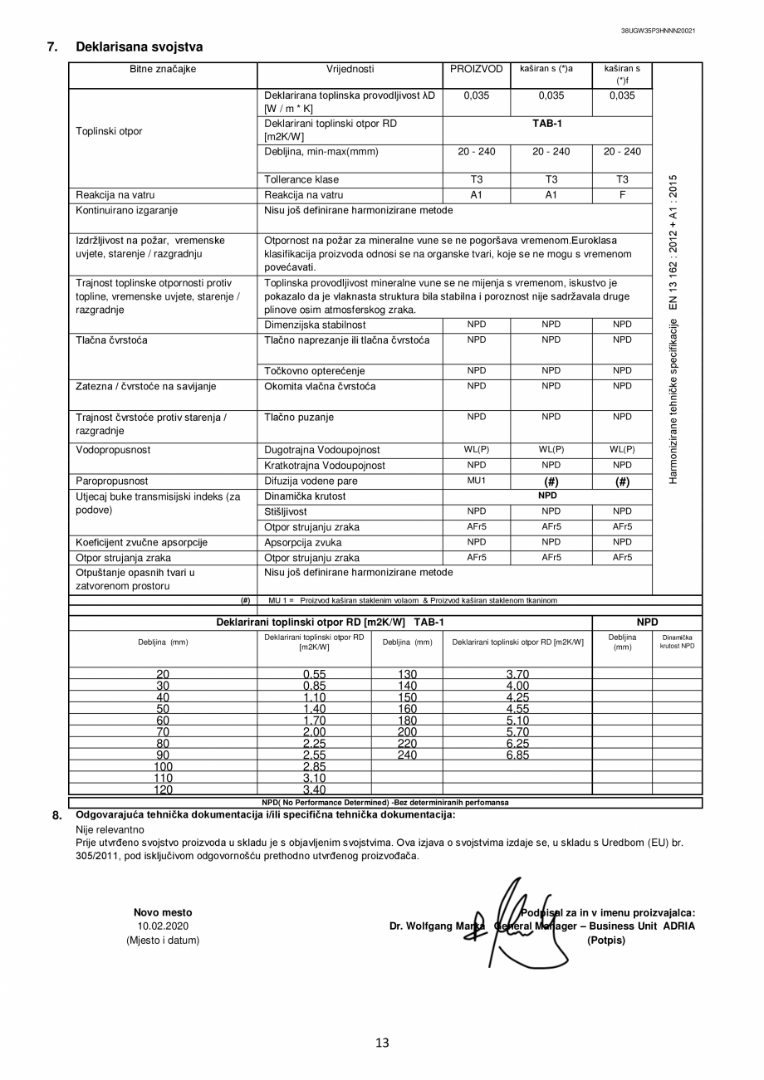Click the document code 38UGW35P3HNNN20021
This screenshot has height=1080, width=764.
(x=658, y=31)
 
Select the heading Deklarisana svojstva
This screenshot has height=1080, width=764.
(x=139, y=47)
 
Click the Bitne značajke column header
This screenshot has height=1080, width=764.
(x=163, y=69)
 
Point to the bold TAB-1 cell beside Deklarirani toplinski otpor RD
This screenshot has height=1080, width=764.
(x=547, y=124)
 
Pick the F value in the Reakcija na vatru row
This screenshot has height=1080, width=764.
(x=622, y=195)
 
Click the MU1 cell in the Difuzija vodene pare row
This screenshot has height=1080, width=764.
(x=476, y=481)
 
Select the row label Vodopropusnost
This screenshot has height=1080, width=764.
(x=114, y=450)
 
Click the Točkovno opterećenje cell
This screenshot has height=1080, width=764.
(x=314, y=371)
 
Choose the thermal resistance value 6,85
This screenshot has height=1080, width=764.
(x=517, y=755)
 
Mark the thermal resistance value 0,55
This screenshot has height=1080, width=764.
(x=314, y=674)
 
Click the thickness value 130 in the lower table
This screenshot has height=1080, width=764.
(x=407, y=674)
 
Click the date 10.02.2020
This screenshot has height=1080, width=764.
(x=163, y=926)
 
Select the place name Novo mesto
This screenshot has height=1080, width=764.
(x=163, y=912)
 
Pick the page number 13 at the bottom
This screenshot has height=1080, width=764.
(x=382, y=1043)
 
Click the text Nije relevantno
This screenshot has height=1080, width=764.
(x=110, y=828)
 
